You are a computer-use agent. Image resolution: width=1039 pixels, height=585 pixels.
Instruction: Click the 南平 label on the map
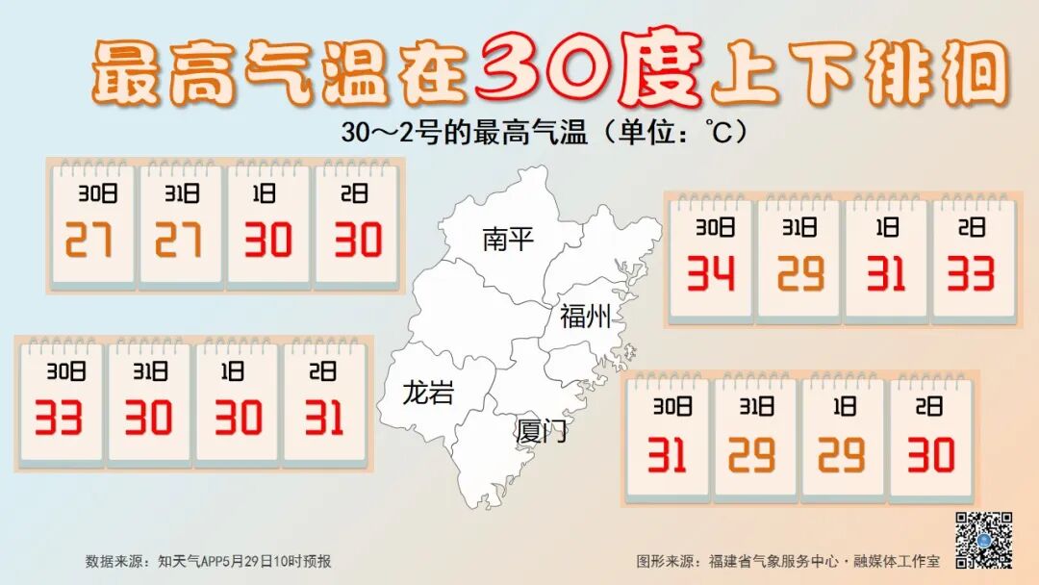[508, 239]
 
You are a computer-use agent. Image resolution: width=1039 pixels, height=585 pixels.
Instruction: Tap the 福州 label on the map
[586, 316]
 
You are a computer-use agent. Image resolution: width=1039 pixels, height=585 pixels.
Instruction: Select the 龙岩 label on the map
[428, 393]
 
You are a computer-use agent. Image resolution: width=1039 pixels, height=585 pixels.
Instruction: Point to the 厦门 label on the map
[542, 430]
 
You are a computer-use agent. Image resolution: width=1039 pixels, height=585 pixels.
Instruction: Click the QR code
[982, 539]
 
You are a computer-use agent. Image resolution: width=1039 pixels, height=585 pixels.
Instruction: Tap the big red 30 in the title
[545, 70]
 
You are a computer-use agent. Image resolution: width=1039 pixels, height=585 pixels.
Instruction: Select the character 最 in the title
[128, 74]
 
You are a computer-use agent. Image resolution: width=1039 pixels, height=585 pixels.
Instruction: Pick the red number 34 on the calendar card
[711, 274]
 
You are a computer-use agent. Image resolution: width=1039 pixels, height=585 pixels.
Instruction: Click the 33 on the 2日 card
[969, 274]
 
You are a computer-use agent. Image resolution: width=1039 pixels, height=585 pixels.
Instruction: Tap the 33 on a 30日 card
[59, 417]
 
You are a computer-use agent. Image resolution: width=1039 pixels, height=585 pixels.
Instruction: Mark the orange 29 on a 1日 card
[842, 454]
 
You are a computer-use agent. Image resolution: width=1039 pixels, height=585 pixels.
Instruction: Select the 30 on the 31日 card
[148, 417]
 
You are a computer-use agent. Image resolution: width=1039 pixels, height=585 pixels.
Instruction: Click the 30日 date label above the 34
[711, 228]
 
